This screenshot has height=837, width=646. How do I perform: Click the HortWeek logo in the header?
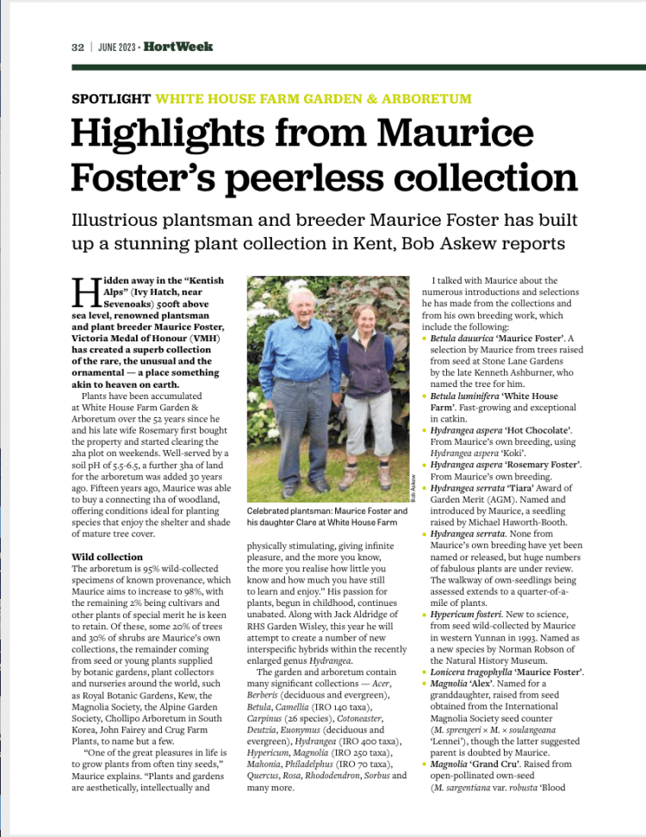178,47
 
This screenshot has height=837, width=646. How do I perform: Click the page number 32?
77,47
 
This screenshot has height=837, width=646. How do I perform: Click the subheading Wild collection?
107,558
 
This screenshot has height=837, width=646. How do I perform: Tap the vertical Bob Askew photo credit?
413,488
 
